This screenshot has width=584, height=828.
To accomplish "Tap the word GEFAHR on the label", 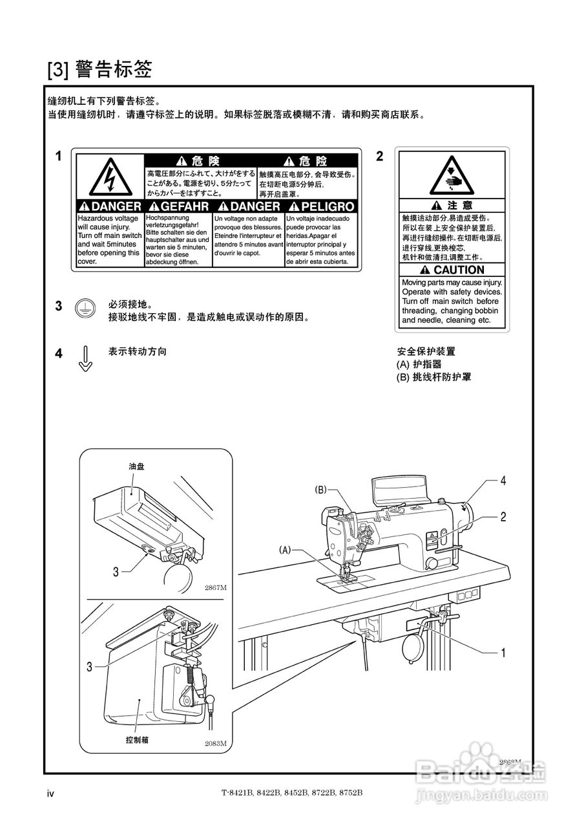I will pyautogui.click(x=178, y=206).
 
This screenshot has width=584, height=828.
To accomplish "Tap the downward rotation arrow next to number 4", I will pyautogui.click(x=85, y=358).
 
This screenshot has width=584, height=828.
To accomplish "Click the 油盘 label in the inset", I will pyautogui.click(x=136, y=465).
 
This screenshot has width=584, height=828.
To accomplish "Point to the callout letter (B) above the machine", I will pyautogui.click(x=321, y=490).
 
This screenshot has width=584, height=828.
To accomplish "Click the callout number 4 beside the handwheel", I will pyautogui.click(x=503, y=481).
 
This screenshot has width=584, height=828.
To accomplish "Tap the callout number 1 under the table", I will pyautogui.click(x=503, y=653).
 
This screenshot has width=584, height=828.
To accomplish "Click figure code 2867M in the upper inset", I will pyautogui.click(x=215, y=587).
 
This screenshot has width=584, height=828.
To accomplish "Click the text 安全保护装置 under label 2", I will pyautogui.click(x=426, y=352).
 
